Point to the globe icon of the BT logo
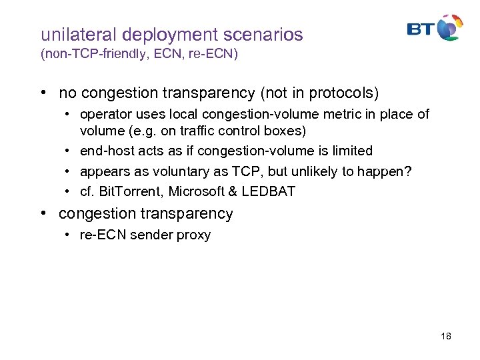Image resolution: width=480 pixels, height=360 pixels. click(451, 27)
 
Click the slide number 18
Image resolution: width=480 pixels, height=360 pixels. click(446, 336)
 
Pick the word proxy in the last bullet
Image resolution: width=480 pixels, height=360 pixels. click(195, 235)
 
